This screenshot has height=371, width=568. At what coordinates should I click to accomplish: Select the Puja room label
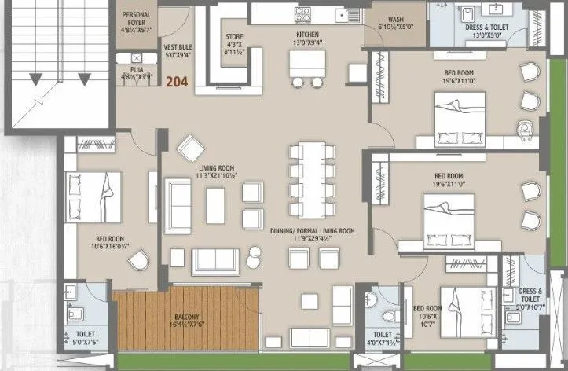coord(134,73)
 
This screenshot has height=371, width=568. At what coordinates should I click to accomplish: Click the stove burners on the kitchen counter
coord(302,13)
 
